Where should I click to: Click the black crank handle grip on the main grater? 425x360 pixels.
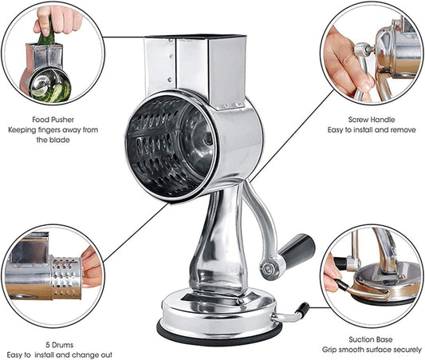click(297, 248)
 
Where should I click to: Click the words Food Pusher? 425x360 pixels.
click(53, 120)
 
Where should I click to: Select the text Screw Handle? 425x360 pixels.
click(372, 120)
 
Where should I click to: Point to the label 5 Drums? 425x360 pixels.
click(60, 345)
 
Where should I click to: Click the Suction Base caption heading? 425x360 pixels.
click(371, 339)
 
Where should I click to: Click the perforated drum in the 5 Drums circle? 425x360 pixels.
click(66, 277)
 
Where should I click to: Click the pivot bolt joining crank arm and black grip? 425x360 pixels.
click(270, 268)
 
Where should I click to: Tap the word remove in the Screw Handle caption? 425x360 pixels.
click(403, 130)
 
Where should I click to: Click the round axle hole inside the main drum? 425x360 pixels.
click(208, 139)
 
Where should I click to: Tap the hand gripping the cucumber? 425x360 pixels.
click(57, 19)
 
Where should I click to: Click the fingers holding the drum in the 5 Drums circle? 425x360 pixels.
click(91, 267)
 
